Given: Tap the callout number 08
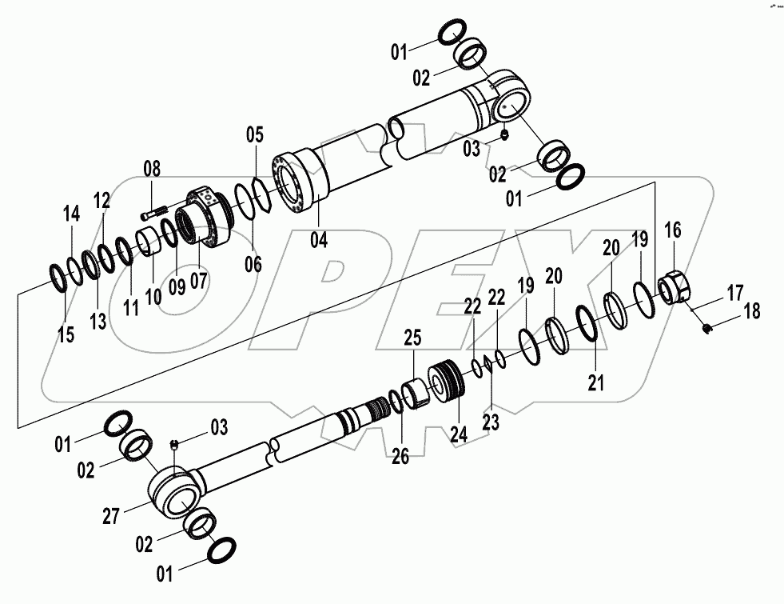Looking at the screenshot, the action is (x=152, y=169).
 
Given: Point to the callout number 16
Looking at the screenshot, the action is (x=673, y=231).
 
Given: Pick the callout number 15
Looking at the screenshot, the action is (x=66, y=334).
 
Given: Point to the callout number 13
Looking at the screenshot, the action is (x=97, y=321).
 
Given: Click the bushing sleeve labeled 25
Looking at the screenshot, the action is (x=416, y=395).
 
